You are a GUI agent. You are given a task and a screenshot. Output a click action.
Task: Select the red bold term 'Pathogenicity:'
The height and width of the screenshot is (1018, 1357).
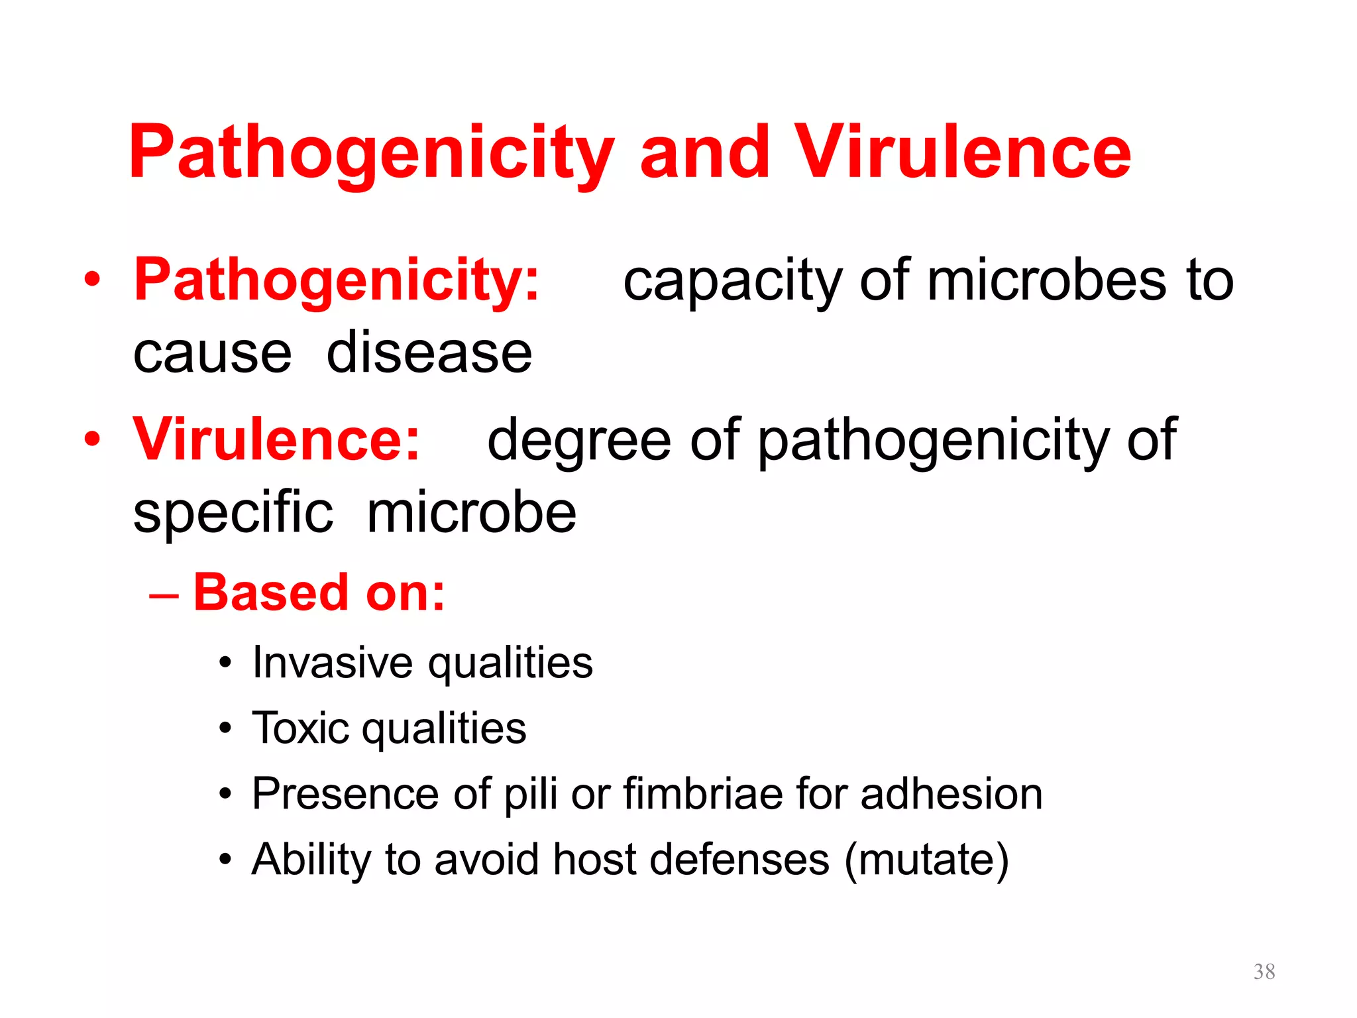337,280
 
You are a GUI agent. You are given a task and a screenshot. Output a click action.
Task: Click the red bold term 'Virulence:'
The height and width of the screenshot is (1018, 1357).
276,440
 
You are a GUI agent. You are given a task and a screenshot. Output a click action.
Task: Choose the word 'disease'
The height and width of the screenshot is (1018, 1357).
429,353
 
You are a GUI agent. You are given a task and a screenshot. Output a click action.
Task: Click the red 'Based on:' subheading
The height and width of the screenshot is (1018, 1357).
319,593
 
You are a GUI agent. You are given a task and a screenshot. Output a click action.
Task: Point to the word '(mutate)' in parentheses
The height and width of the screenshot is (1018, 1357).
926,860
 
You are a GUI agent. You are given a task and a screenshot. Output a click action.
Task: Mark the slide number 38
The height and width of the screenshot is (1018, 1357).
1264,972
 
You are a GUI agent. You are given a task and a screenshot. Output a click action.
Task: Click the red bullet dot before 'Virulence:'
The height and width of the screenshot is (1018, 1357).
93,439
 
